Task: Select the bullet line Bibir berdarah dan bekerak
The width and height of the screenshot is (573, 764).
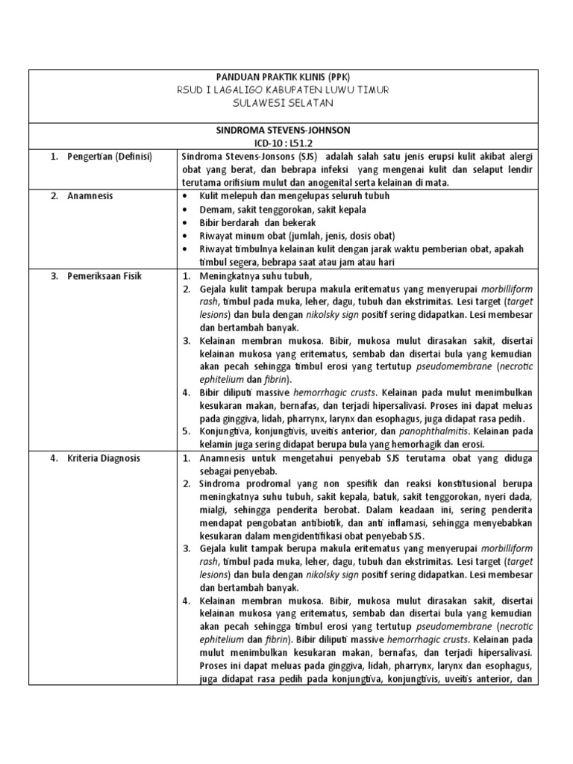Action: tap(258, 223)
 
